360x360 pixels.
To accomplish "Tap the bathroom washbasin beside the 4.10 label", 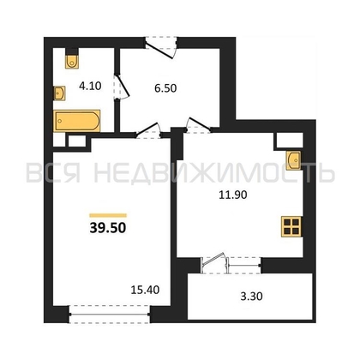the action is (x=59, y=93).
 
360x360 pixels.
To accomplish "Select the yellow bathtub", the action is (x=77, y=121).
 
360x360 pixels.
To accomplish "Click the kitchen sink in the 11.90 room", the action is (x=294, y=160).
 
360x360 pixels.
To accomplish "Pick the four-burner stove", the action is (x=291, y=226).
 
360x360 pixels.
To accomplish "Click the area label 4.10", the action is (x=90, y=86).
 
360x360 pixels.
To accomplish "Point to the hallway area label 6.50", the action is (x=165, y=88).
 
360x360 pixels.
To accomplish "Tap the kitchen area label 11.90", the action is (x=233, y=195).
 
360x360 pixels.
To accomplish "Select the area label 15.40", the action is (x=145, y=290).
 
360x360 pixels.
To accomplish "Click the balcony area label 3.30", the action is (x=251, y=297).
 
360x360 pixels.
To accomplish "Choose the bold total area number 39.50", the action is (x=108, y=228).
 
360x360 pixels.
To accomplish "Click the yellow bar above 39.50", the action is (x=108, y=215).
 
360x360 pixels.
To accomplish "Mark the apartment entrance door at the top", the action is (x=160, y=47).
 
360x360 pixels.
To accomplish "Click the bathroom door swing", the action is (x=122, y=87).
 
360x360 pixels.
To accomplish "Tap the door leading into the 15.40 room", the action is (x=148, y=130).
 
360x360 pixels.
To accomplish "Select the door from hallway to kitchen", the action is (x=198, y=125).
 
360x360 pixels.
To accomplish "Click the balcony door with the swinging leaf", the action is (x=214, y=262).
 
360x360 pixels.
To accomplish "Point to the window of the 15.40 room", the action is (x=110, y=315).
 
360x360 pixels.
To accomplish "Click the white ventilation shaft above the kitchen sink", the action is (x=288, y=141).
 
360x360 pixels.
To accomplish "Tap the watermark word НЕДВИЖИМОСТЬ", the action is (x=214, y=173).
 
